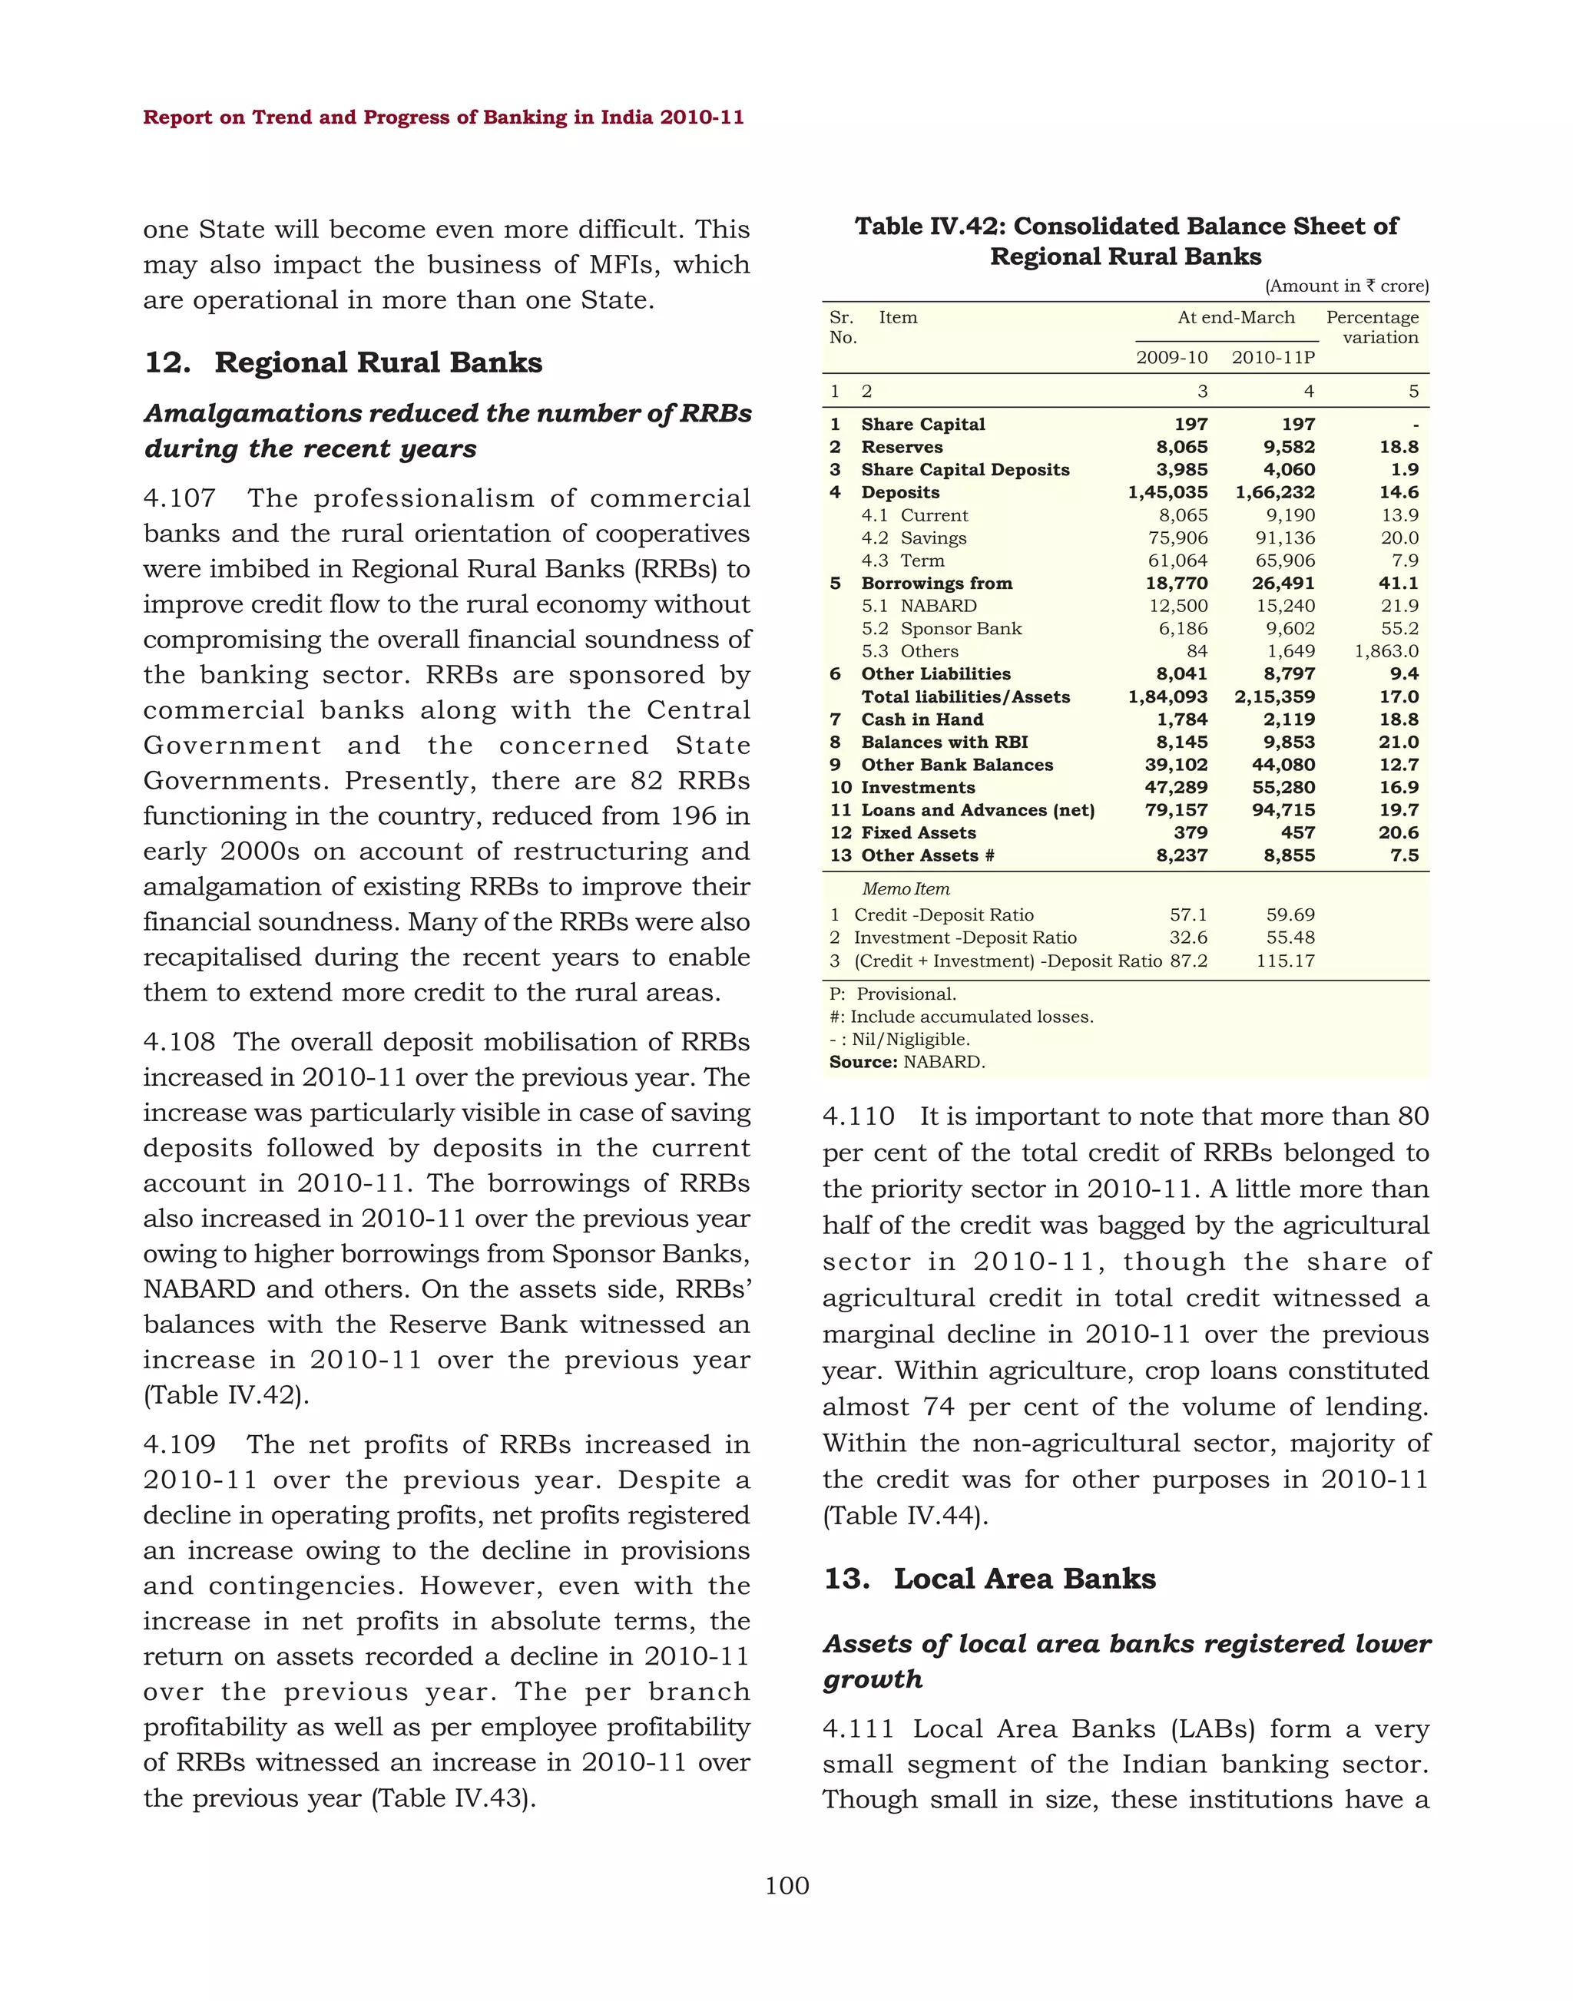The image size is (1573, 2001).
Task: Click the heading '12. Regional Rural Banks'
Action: (343, 363)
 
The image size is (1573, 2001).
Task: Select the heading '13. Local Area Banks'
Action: (989, 1579)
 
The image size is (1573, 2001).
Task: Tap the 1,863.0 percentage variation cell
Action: (1386, 651)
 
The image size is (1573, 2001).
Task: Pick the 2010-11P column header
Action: (1273, 357)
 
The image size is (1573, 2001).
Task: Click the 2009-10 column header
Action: (1171, 357)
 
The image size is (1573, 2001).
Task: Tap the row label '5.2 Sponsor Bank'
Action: (941, 628)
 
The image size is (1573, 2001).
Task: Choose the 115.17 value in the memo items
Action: (1285, 961)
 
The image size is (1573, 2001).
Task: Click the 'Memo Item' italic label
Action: (906, 888)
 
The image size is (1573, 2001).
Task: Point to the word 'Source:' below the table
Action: (862, 1062)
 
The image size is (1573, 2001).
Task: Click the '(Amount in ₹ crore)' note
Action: (1346, 286)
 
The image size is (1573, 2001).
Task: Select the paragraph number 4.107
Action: (180, 498)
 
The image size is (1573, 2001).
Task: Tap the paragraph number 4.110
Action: (859, 1117)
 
